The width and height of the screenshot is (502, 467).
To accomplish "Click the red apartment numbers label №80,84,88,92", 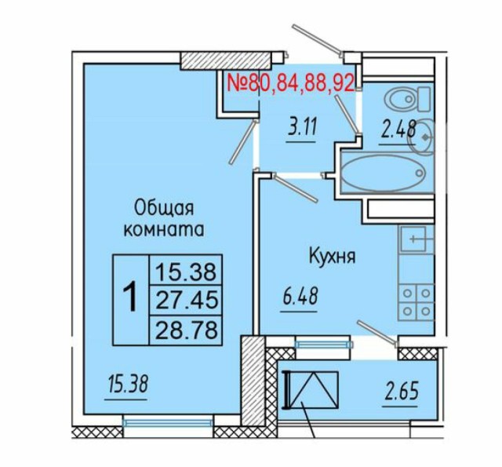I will point(290,82).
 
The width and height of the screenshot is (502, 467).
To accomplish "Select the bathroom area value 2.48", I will point(398,130).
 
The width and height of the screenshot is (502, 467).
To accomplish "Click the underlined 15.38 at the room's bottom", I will point(126,385).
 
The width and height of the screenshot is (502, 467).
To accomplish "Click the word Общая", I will point(165,208).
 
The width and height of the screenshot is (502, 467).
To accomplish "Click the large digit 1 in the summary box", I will point(131,299).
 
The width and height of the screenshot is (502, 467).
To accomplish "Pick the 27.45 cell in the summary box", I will point(187,299).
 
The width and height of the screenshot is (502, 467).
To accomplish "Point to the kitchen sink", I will point(415,239).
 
